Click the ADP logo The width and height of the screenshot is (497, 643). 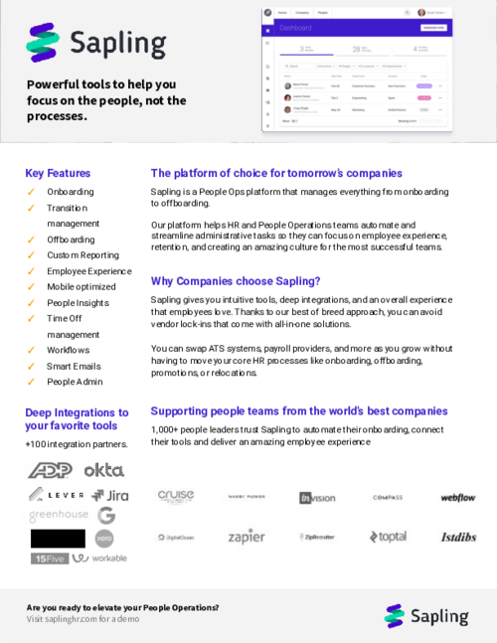[49, 470]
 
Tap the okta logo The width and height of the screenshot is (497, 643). [103, 469]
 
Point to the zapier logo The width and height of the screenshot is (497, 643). [246, 537]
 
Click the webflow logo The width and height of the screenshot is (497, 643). [458, 497]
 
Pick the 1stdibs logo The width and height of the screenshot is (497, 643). [458, 537]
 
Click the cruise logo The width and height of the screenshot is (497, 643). [176, 496]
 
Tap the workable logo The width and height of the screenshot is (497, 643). [103, 559]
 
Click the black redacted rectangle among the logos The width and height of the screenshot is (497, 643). [58, 538]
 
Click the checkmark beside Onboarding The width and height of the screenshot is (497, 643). [31, 191]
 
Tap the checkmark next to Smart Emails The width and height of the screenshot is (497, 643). [31, 366]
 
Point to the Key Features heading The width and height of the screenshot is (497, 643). [58, 173]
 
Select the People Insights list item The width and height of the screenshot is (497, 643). [78, 302]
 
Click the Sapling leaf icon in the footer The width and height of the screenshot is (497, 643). [394, 616]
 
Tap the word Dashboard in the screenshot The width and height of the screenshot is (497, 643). [296, 29]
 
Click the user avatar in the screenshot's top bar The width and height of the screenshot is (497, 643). [421, 13]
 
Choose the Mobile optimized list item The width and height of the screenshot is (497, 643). [81, 286]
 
